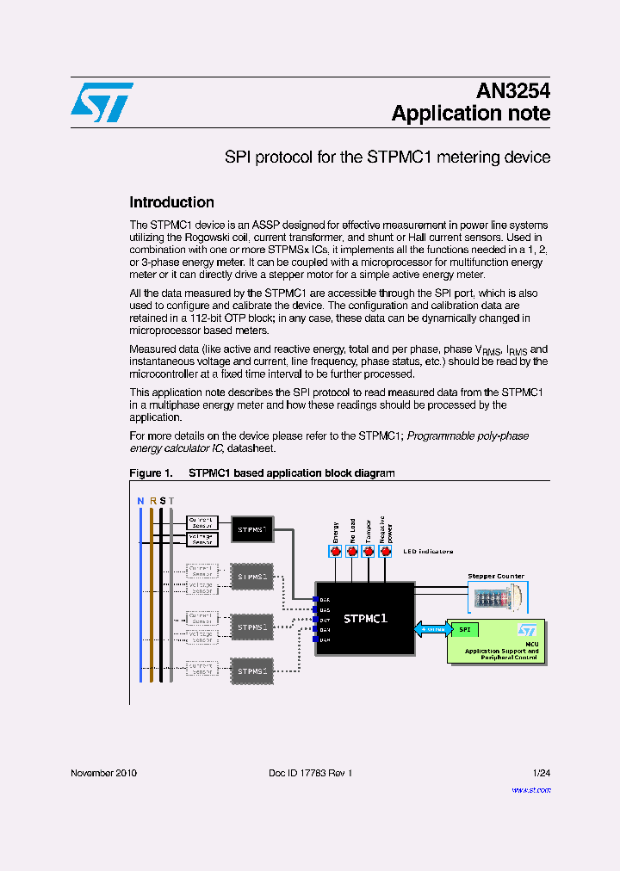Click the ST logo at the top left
point(102,102)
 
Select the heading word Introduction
point(171,202)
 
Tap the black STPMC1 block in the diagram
point(365,618)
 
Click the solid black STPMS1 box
point(252,529)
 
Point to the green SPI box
point(465,629)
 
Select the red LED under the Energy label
point(336,552)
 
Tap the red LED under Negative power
point(386,552)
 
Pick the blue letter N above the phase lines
point(140,501)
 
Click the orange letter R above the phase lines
point(152,501)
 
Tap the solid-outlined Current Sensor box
point(202,522)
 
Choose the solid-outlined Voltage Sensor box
point(202,539)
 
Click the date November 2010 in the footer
point(103,773)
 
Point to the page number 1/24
point(541,773)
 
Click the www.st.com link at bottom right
point(530,789)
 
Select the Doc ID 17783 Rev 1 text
point(310,773)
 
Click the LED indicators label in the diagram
point(428,551)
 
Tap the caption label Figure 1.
point(151,473)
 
